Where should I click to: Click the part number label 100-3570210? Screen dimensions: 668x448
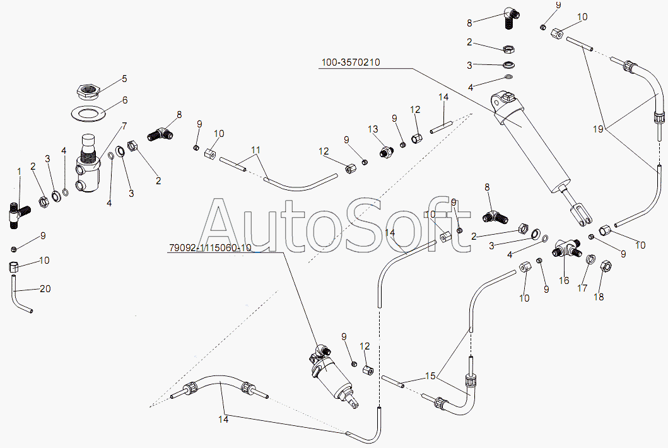[x=350, y=62]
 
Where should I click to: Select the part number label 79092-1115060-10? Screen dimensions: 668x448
[x=211, y=247]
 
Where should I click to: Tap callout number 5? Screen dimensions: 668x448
[x=124, y=78]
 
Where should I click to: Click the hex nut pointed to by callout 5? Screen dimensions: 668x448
[x=88, y=91]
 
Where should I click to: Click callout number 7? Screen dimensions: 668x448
[x=124, y=126]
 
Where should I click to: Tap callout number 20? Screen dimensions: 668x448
[x=45, y=289]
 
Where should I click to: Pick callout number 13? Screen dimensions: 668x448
[x=373, y=129]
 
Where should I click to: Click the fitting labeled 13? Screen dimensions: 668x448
[x=385, y=151]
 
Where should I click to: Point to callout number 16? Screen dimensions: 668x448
[x=564, y=280]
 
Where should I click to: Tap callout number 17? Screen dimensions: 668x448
[x=582, y=288]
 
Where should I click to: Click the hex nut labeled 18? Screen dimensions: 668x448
[x=606, y=267]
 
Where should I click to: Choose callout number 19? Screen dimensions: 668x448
[x=598, y=129]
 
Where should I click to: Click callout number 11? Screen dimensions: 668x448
[x=255, y=150]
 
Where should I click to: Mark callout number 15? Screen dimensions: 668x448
[x=430, y=375]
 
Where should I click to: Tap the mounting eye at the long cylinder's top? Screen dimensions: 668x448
[x=501, y=100]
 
